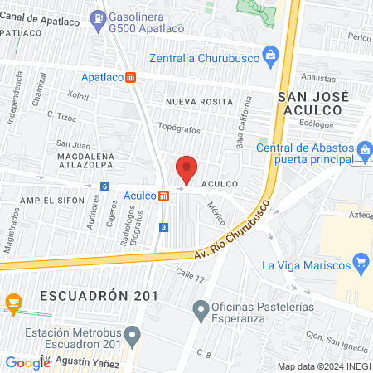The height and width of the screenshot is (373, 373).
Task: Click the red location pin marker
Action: [186, 169]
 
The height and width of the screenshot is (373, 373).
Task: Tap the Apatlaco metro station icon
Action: [130, 77]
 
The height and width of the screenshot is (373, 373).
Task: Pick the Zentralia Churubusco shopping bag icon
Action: [269, 56]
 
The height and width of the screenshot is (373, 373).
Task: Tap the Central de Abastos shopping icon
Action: [365, 149]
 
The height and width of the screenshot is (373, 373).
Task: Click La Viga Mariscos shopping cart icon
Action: [360, 264]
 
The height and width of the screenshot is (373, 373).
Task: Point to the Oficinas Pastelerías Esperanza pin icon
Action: [199, 311]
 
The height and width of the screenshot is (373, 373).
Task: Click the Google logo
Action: [27, 362]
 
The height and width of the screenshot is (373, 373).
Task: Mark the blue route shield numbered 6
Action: [104, 186]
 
